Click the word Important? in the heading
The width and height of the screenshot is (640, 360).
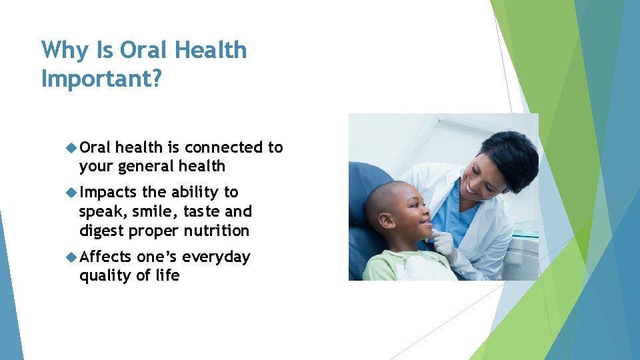tap(101, 78)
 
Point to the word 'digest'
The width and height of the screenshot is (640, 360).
tap(101, 231)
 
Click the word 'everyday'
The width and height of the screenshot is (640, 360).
tap(216, 257)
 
